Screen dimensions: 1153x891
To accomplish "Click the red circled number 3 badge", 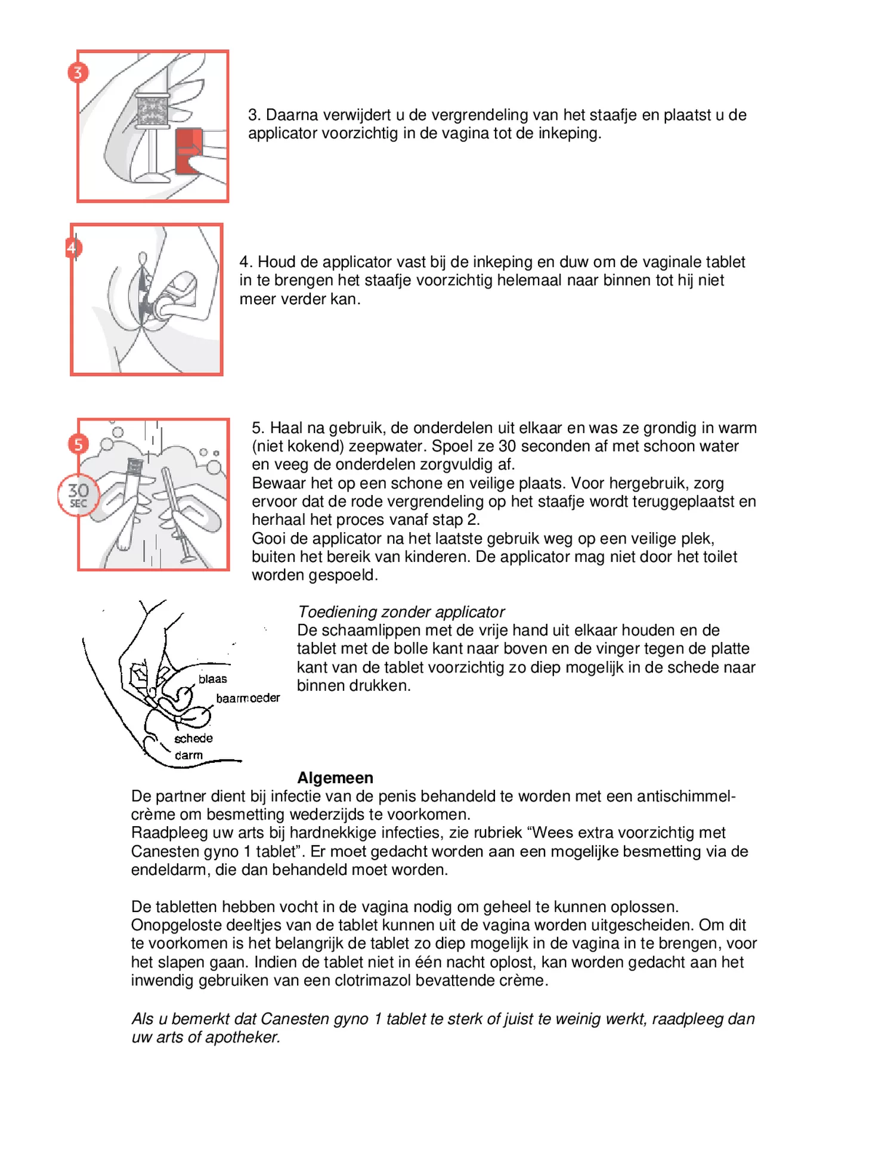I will [78, 73].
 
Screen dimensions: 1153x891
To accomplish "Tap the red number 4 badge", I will [72, 248].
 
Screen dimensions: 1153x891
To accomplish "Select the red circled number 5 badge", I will [78, 444].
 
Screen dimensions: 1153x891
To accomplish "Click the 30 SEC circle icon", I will [78, 495].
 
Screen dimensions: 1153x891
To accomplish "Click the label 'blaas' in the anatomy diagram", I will [213, 679].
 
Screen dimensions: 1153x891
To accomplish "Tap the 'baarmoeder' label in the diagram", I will [247, 698].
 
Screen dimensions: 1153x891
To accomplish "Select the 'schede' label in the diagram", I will [193, 738].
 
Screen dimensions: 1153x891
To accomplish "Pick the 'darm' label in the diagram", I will [188, 755].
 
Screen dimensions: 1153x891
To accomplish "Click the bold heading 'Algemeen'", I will [335, 778].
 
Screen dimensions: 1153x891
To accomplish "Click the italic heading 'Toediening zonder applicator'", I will [401, 612].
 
